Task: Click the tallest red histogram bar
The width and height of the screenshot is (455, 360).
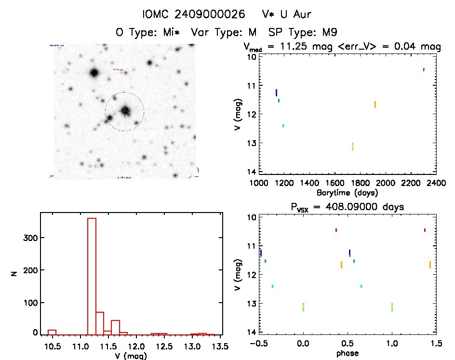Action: coord(92,276)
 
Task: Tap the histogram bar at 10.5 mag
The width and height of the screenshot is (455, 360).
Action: coord(52,332)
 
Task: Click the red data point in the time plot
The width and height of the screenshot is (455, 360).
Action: coord(424,69)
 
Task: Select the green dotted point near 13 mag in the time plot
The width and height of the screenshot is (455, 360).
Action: coord(353,147)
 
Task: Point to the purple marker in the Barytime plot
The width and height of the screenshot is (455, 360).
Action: coord(276,92)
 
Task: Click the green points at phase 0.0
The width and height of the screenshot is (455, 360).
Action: coord(303,307)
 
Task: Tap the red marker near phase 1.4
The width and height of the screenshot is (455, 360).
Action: coord(425,230)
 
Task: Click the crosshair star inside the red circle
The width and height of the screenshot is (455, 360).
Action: coord(125,110)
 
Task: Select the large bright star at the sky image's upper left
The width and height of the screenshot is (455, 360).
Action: coord(94,73)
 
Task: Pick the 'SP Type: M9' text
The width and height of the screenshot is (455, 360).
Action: coord(303,33)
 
